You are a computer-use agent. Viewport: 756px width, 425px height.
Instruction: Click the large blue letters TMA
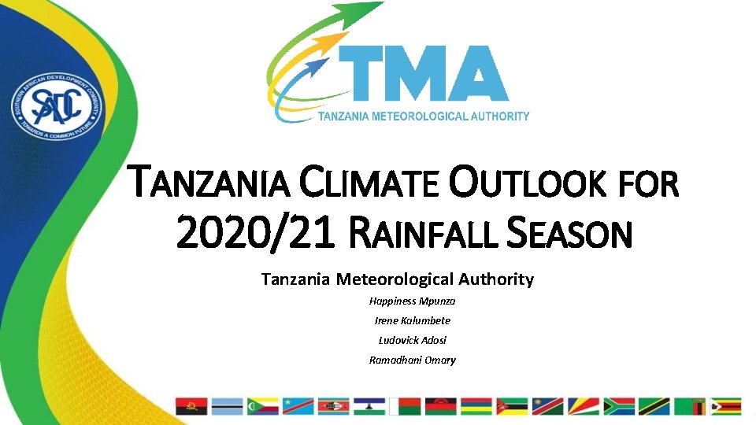click(424, 75)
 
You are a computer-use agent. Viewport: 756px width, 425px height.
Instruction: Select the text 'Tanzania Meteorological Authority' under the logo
click(424, 116)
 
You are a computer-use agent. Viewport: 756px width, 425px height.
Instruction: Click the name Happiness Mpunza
click(413, 301)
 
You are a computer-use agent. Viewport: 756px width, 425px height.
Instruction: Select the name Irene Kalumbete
click(413, 321)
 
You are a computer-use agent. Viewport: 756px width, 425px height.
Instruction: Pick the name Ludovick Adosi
click(413, 341)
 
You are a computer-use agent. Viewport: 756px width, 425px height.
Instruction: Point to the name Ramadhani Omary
click(413, 360)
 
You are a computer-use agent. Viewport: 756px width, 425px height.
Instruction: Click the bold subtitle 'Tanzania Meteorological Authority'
click(398, 279)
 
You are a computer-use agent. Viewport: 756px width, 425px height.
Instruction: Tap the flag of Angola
click(191, 406)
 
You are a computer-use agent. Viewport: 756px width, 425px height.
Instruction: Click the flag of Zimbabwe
click(725, 406)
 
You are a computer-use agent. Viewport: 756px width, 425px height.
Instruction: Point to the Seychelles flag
click(584, 406)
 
